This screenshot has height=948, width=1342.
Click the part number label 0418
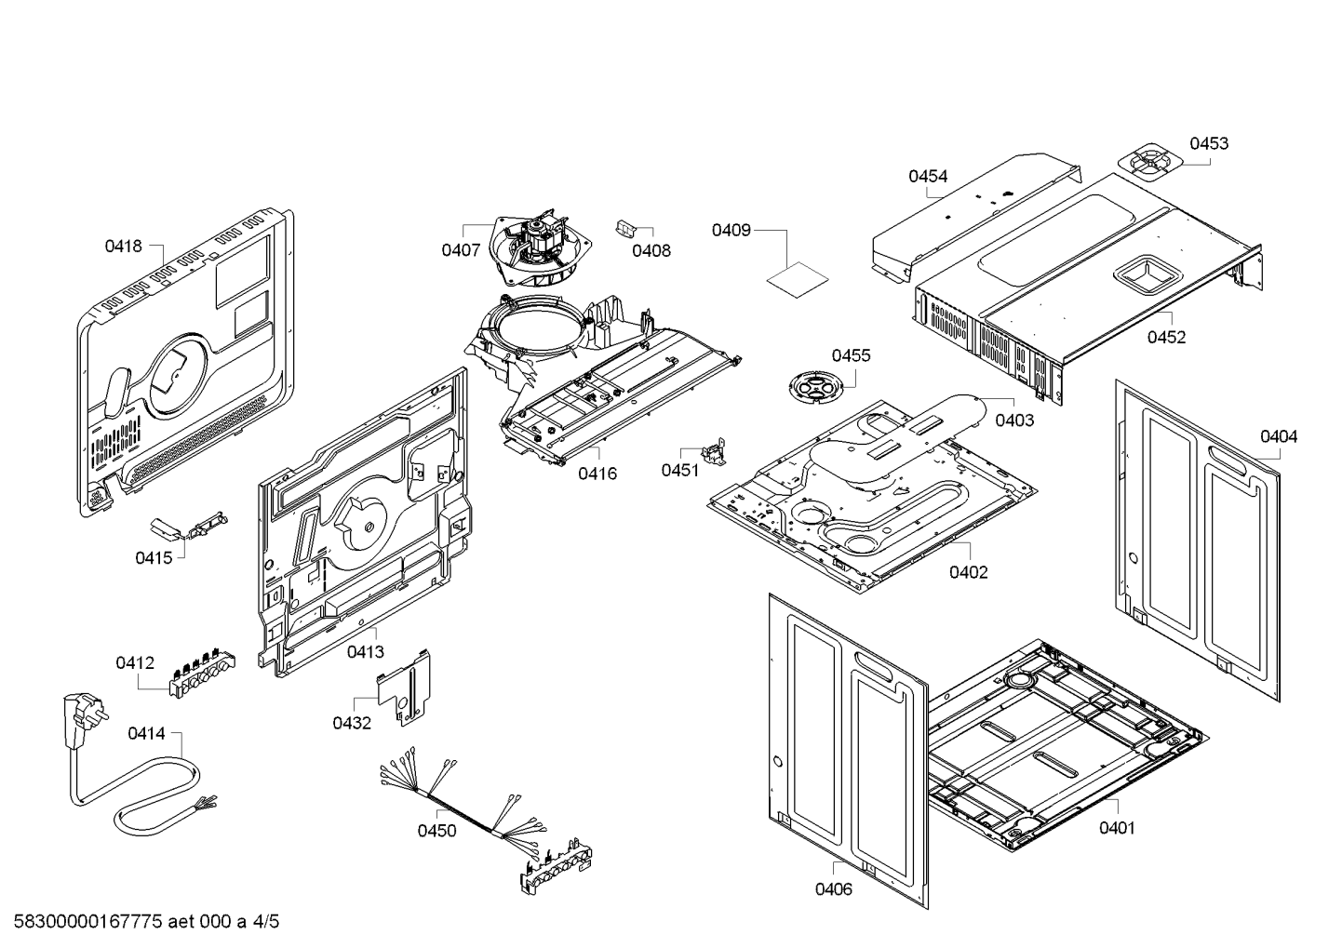click(x=123, y=247)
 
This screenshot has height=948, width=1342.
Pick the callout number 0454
click(x=928, y=176)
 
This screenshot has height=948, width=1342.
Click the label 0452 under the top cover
click(x=1166, y=337)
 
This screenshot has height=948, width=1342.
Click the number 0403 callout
click(x=1014, y=420)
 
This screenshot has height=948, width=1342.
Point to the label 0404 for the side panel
click(x=1279, y=436)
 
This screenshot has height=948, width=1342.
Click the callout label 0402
click(x=968, y=572)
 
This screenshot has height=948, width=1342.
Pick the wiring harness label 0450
click(x=436, y=831)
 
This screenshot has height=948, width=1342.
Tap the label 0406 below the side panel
click(x=833, y=888)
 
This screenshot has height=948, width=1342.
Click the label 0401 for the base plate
click(x=1117, y=827)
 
